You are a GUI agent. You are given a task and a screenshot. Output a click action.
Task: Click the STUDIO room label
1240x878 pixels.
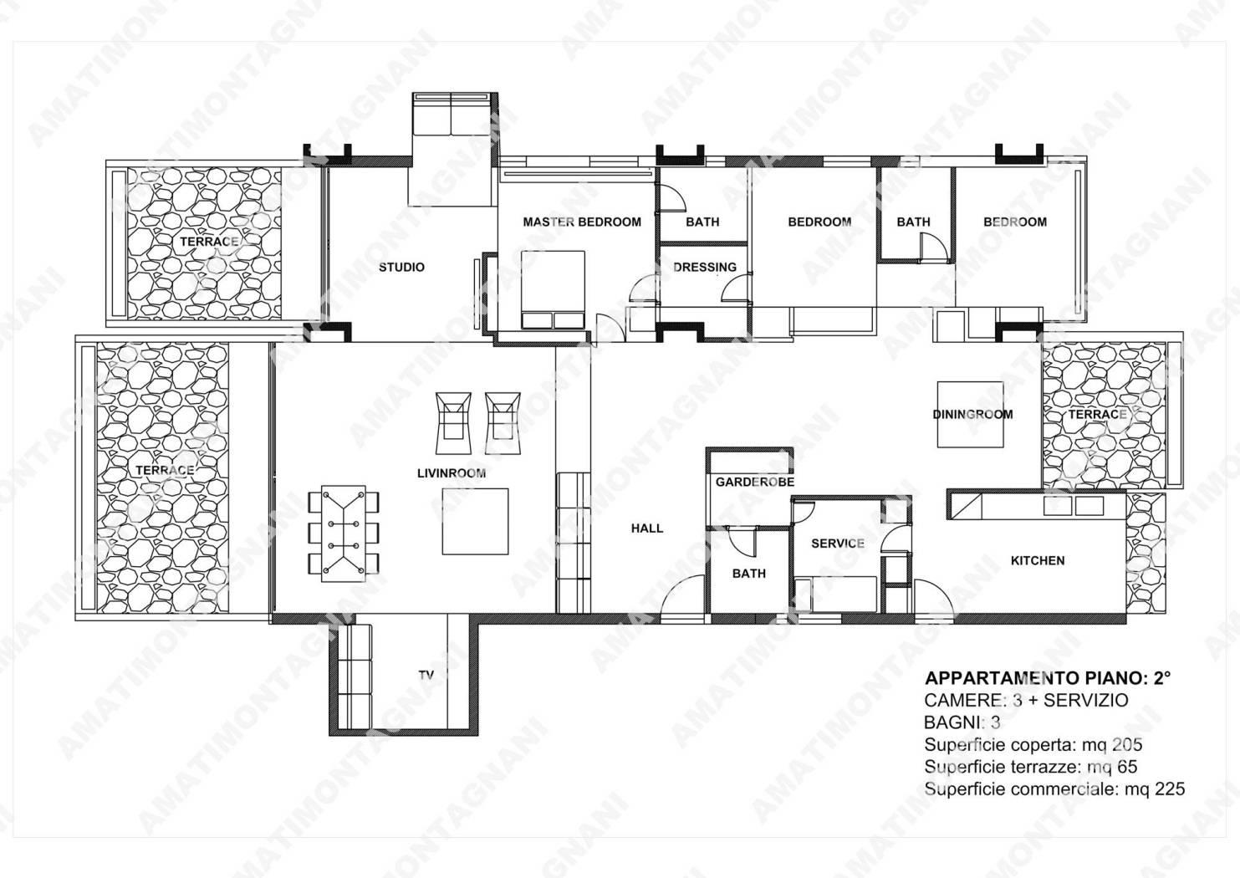[x=401, y=268]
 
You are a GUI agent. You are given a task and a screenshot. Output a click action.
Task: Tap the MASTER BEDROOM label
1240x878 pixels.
[x=582, y=222]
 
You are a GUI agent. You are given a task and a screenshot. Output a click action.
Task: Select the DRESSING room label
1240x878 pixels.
[x=705, y=268]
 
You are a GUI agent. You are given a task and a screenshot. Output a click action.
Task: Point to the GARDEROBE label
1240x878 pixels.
[x=754, y=482]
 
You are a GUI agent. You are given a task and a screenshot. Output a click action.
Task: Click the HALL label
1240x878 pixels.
[x=646, y=528]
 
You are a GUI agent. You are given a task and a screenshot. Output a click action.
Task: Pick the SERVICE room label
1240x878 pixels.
[x=838, y=544]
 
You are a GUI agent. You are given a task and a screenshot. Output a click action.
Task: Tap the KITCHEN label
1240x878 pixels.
[x=1038, y=561]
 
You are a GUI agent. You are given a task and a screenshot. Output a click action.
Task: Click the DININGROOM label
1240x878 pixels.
[x=972, y=415]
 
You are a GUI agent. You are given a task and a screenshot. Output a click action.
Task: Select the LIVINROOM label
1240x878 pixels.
[x=452, y=473]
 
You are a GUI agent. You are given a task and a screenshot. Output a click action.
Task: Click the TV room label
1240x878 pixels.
[x=426, y=676]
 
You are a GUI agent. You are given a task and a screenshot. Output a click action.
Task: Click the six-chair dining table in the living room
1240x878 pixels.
[x=344, y=533]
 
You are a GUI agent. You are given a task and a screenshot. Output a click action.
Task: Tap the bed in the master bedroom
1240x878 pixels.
[x=553, y=289]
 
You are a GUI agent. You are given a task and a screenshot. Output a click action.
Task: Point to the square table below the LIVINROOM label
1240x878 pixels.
[x=475, y=522]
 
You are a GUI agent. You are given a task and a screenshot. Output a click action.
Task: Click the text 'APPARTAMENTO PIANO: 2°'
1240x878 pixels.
[x=1048, y=679]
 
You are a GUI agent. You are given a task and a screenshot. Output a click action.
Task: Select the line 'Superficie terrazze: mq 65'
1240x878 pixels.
[x=1031, y=768]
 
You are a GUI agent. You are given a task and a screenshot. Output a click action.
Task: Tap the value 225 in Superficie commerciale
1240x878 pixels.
[x=1170, y=789]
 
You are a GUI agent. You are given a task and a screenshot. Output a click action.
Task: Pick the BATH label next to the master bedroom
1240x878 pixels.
[x=702, y=222]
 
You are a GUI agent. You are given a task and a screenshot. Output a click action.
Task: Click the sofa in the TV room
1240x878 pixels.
[x=355, y=677]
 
